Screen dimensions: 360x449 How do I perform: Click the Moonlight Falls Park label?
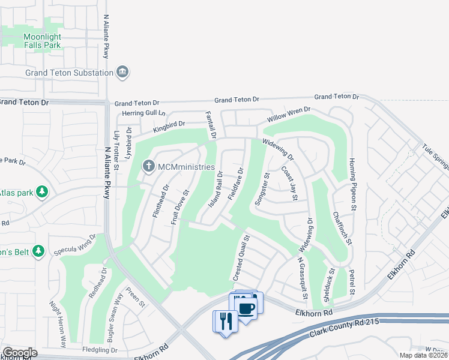point(42,41)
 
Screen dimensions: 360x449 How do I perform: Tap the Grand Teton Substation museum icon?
point(122,72)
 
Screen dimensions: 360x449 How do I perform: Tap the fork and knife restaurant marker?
point(226,322)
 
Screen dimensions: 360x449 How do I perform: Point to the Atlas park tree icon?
point(42,192)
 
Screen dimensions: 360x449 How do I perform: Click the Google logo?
point(20,353)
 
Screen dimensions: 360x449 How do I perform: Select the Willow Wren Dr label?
point(289,114)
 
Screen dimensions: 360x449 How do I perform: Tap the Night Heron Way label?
point(58,324)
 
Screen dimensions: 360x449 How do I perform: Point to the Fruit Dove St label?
point(179,208)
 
